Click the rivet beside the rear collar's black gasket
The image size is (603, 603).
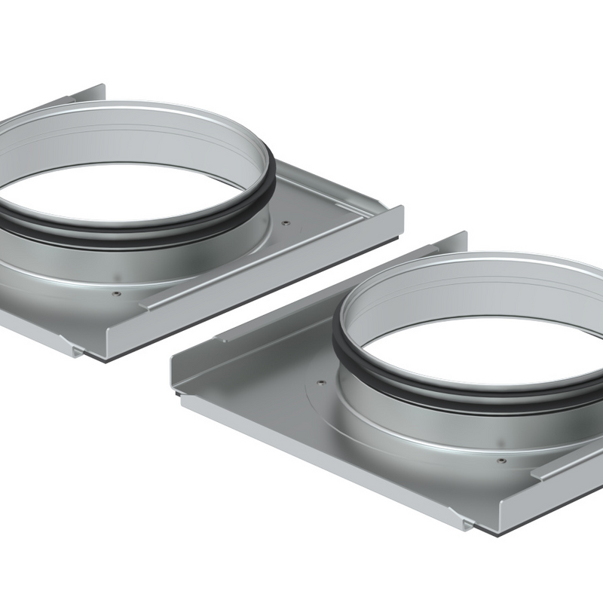tap(286, 222)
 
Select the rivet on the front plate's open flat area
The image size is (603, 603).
tap(322, 382)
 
